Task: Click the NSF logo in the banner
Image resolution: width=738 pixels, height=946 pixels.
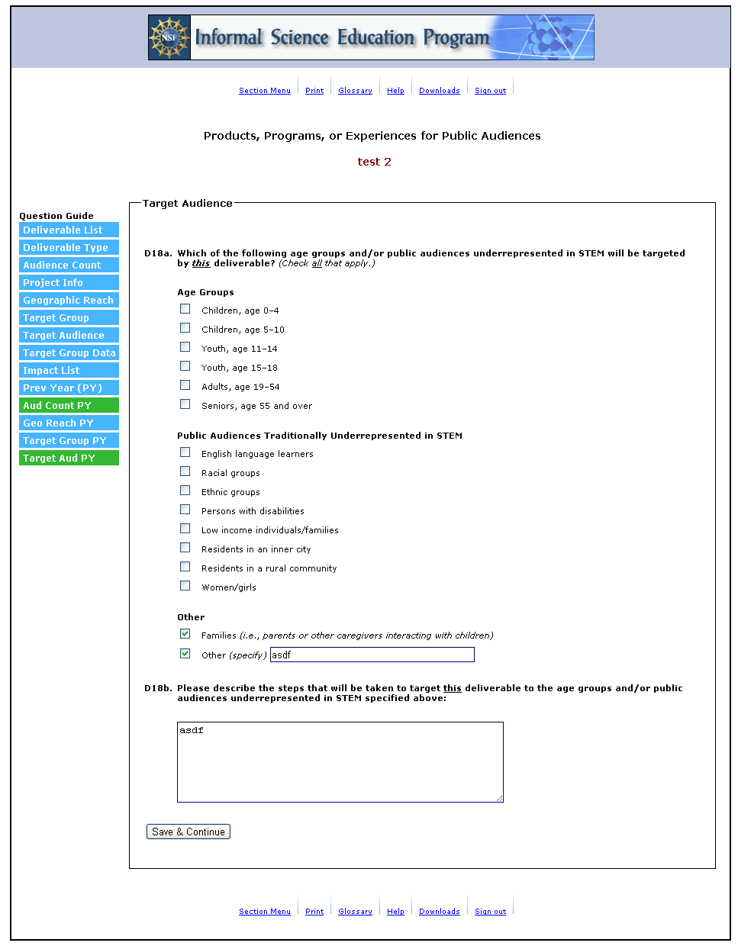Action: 169,37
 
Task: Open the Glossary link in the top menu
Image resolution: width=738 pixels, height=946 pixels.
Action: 355,91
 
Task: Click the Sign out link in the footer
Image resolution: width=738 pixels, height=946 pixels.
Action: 490,912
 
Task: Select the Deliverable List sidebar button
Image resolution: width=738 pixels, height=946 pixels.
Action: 69,230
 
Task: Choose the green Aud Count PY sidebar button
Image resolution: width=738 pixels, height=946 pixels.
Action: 69,406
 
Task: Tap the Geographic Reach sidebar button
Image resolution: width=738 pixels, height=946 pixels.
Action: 69,301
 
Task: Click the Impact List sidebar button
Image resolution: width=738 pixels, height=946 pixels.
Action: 69,371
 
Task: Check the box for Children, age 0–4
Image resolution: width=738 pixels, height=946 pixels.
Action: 185,309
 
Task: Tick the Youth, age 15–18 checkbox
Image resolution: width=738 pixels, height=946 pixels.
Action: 185,366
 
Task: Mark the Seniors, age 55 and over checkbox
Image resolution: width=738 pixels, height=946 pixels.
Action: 185,404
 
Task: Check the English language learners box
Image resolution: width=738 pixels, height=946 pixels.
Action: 185,452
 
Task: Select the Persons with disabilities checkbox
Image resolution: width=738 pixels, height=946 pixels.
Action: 185,510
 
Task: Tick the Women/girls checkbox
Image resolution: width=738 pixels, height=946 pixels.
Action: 185,586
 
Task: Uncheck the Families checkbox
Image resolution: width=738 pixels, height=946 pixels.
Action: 185,634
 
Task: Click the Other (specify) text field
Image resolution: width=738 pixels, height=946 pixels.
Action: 372,655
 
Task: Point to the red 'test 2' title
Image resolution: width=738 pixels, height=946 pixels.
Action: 374,162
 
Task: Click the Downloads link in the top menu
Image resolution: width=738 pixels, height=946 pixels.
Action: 439,91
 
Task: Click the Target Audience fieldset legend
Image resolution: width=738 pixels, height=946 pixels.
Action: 187,204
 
